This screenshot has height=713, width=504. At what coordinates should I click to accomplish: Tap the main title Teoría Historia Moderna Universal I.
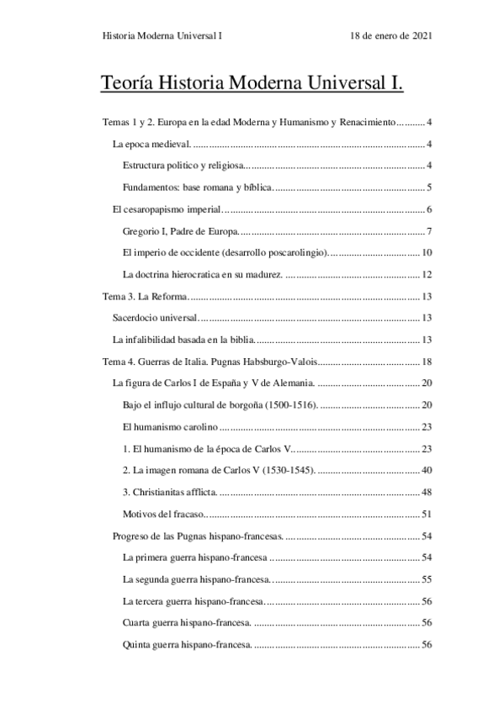tap(252, 85)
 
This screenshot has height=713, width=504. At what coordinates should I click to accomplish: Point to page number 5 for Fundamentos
tap(429, 187)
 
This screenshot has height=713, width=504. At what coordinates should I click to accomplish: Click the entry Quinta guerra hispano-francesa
tap(187, 645)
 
